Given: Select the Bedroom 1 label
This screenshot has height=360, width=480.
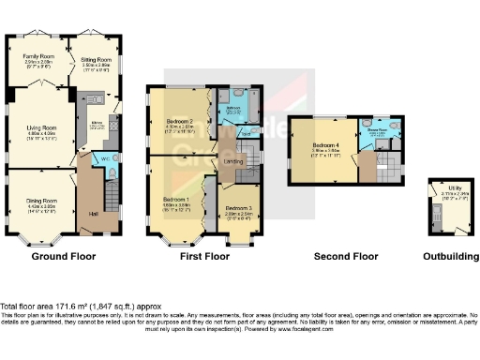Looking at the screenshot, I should click(x=176, y=200).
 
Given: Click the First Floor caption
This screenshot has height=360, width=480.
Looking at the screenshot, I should click(x=203, y=255).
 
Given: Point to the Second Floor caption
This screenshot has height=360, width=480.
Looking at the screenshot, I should click(x=347, y=255).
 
